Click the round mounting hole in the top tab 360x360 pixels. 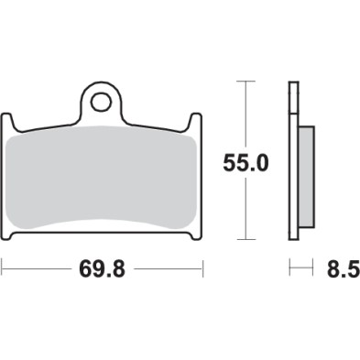pyautogui.click(x=102, y=98)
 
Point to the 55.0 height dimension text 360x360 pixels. pyautogui.click(x=246, y=163)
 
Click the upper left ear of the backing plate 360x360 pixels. pyautogui.click(x=7, y=121)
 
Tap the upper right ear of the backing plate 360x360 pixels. pyautogui.click(x=197, y=121)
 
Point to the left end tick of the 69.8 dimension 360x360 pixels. pyautogui.click(x=3, y=269)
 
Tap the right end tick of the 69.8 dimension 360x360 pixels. pyautogui.click(x=202, y=269)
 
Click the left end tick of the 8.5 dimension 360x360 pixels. pyautogui.click(x=290, y=269)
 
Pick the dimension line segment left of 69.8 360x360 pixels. pyautogui.click(x=37, y=269)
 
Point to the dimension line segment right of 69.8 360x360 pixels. pyautogui.click(x=169, y=269)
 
